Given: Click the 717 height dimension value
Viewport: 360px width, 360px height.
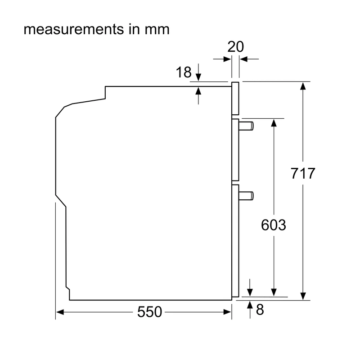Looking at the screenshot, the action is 303,173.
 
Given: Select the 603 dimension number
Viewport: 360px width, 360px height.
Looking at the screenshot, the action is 274,225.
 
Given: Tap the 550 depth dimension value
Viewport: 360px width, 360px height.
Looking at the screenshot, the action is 149,312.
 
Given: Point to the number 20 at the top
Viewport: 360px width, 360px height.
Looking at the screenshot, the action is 235,47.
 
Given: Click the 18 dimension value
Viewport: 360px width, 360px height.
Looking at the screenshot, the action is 184,72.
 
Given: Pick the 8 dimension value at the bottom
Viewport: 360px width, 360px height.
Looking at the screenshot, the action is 260,310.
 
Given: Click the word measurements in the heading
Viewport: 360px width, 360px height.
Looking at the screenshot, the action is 74,29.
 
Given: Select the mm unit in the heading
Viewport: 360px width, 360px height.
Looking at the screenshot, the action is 157,30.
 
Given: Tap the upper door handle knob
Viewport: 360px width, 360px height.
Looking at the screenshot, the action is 246,126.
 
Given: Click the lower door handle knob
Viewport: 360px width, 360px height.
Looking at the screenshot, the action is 246,196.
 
